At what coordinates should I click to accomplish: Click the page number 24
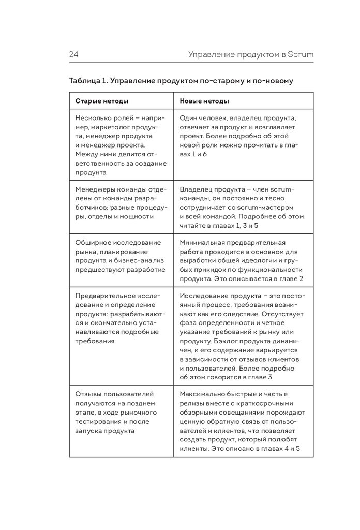click(x=73, y=54)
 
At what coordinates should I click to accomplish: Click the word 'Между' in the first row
click(x=86, y=154)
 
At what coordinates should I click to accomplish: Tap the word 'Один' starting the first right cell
click(x=189, y=117)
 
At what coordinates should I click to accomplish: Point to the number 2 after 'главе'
click(x=301, y=278)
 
